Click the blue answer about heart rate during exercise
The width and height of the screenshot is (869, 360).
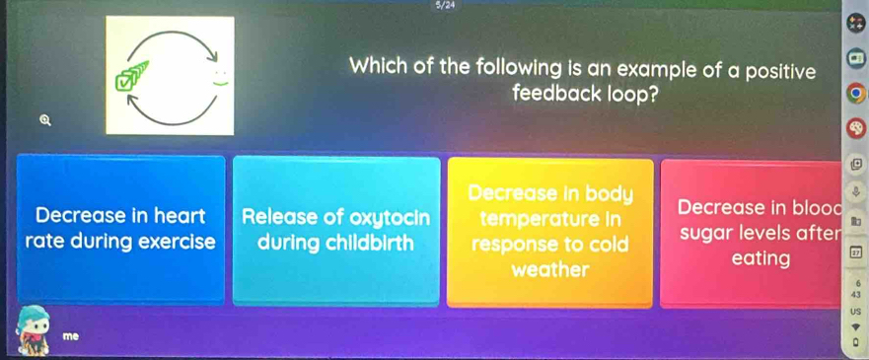point(120,229)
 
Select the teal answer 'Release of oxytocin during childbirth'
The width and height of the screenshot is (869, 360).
point(334,229)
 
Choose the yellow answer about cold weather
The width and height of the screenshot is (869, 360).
point(550,229)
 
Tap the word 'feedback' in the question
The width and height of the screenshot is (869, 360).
point(557,95)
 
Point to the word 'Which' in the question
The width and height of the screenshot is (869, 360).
point(380,72)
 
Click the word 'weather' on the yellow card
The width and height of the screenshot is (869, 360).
point(550,268)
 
